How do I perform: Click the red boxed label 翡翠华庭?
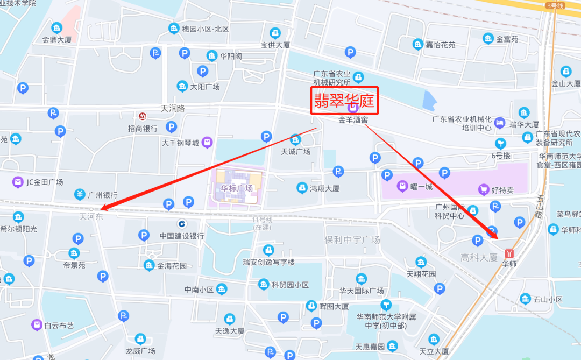coord(345,101)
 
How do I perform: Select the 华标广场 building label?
coord(237,188)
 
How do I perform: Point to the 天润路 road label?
coord(173,108)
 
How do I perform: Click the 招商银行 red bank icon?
coord(142,117)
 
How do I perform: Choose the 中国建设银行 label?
coord(181,236)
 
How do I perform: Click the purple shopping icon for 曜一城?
coord(402,187)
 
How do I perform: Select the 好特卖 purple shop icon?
coord(484,189)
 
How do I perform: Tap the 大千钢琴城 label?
coord(180,143)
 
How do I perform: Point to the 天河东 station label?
coord(91,217)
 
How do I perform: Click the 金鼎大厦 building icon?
coord(56,28)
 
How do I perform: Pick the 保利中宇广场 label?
coord(352,239)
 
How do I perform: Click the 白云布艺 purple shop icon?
coord(37,324)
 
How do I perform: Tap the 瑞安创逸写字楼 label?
coord(268,262)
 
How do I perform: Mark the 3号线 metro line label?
coord(554,5)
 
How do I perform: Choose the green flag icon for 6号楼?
coord(501,143)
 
